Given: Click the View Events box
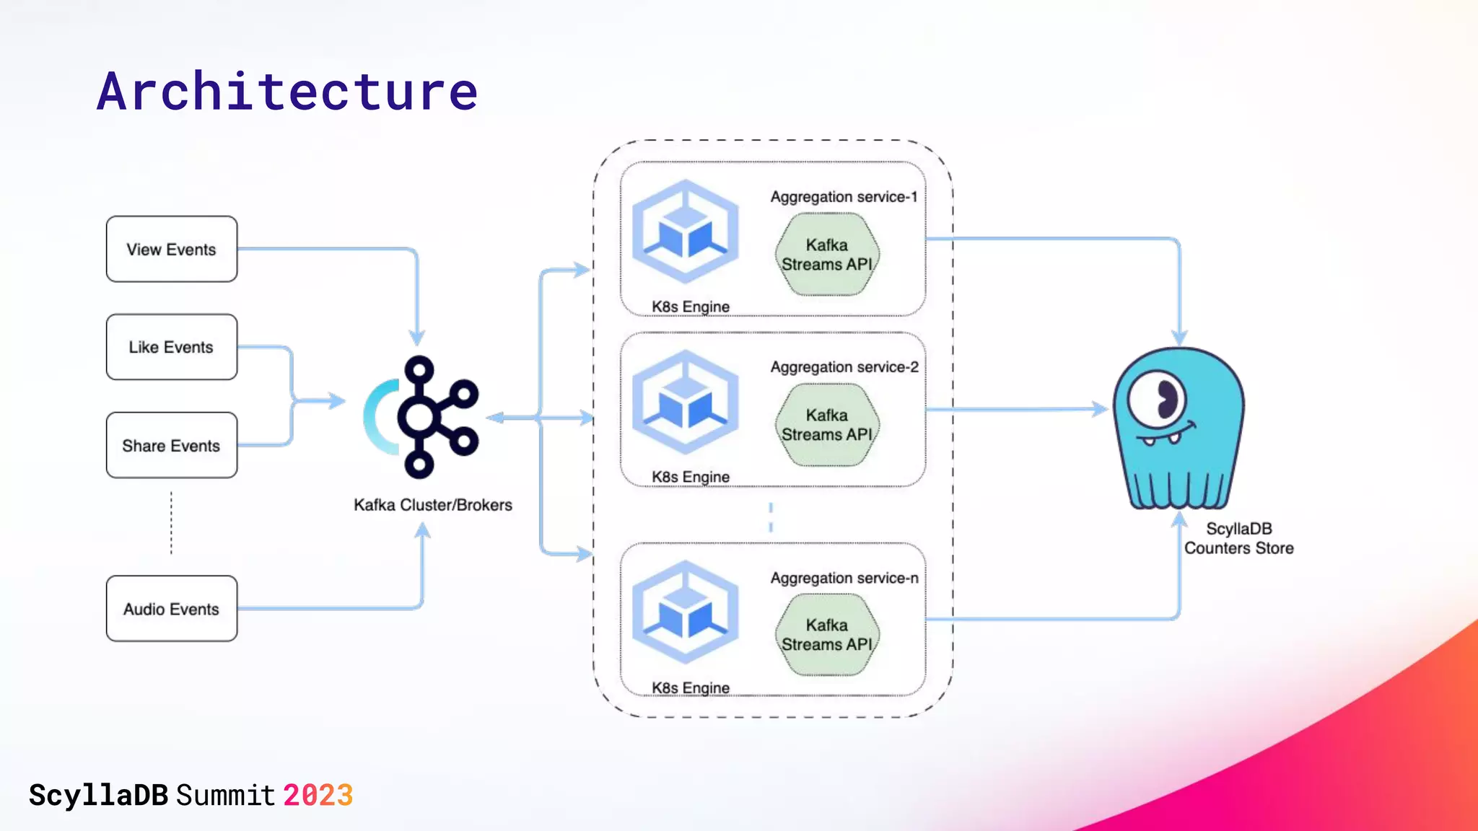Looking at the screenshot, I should point(171,249).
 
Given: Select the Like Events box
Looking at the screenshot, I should point(171,347).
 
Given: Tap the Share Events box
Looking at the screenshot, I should point(171,445).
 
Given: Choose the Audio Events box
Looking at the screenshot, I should point(171,608).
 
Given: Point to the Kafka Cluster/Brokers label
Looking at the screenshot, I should point(432,505).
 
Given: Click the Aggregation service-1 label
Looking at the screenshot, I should point(843,197).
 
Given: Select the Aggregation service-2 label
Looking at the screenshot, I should point(844,367).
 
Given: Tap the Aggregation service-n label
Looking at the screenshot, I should point(844,578).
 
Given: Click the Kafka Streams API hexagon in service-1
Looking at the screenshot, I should point(827,255).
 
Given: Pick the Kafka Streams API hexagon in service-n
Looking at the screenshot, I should point(827,635).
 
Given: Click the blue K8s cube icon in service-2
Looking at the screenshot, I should point(686,402).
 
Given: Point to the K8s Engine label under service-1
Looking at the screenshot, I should point(690,307).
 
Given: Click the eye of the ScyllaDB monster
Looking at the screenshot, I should point(1158,399).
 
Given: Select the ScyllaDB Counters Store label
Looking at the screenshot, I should point(1238,538).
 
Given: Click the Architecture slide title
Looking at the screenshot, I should point(287,92).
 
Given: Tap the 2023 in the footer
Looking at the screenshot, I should point(318,796).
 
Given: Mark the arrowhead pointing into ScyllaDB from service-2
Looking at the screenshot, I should point(1101,409).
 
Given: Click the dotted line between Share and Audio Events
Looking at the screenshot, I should point(171,523).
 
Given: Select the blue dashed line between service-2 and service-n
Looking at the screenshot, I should point(771,516).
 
